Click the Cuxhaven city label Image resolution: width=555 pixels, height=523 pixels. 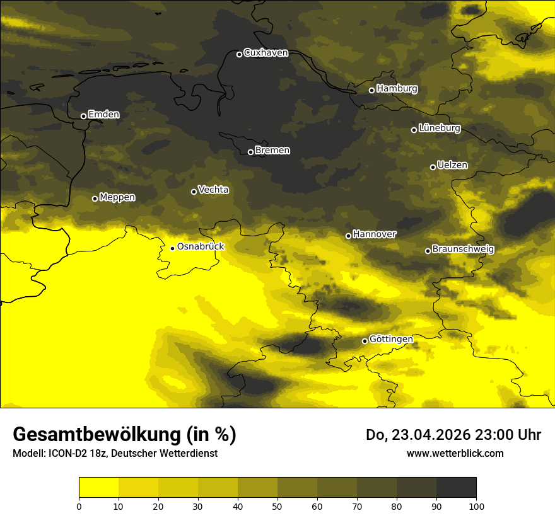click(x=266, y=53)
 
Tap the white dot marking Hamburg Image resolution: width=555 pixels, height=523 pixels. click(x=371, y=90)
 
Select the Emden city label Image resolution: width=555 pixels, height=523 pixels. click(x=103, y=115)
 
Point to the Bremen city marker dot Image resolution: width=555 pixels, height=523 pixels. click(x=250, y=152)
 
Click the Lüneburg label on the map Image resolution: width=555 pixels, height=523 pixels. click(x=439, y=129)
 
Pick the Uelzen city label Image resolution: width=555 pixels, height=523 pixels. click(x=452, y=166)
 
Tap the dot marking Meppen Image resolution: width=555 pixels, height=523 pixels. click(x=95, y=198)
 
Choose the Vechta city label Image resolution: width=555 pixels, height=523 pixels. click(x=213, y=190)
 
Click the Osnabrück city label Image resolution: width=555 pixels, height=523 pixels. click(x=201, y=247)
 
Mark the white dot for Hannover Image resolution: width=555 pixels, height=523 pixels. click(x=348, y=236)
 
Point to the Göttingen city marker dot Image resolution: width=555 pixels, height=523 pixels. click(x=365, y=341)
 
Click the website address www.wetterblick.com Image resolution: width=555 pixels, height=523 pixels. click(x=455, y=453)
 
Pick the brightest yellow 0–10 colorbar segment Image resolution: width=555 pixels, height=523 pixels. click(x=98, y=488)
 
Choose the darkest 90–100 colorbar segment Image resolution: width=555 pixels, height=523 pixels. click(x=456, y=488)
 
